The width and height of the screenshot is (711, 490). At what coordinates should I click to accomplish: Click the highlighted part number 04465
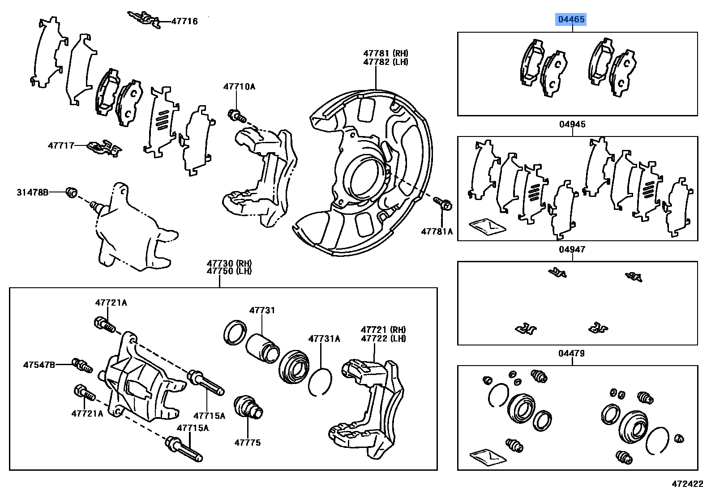click(571, 20)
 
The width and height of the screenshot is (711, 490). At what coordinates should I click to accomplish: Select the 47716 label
click(184, 21)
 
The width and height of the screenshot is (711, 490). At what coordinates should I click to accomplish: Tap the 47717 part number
click(61, 145)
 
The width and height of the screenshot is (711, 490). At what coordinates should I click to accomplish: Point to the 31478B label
click(32, 192)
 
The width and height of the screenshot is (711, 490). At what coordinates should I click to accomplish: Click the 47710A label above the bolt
click(239, 87)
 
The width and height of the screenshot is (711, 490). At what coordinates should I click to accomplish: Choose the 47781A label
click(437, 231)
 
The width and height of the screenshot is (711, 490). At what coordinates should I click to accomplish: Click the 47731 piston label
click(262, 310)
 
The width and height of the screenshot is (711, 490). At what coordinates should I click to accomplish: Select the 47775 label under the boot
click(247, 443)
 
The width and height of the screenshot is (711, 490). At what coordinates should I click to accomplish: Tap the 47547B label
click(39, 365)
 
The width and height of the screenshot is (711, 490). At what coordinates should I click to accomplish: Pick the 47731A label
click(324, 339)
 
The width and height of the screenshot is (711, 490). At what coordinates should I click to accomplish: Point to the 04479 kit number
click(572, 354)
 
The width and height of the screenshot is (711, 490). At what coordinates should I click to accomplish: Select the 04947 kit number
click(572, 249)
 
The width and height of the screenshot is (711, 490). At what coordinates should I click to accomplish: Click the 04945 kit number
click(572, 124)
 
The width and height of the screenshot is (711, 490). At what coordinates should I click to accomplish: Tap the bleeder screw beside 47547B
click(83, 366)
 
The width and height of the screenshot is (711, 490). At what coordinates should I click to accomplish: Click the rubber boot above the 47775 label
click(248, 406)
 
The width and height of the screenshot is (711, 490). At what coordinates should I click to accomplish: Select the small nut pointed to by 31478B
click(70, 192)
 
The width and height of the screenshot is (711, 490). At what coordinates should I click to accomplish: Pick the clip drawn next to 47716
click(144, 20)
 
